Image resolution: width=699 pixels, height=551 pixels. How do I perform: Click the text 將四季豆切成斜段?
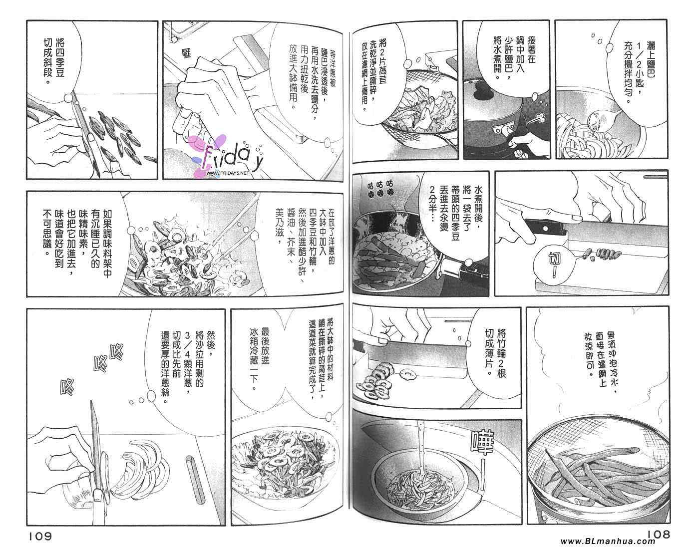tap(54, 61)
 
